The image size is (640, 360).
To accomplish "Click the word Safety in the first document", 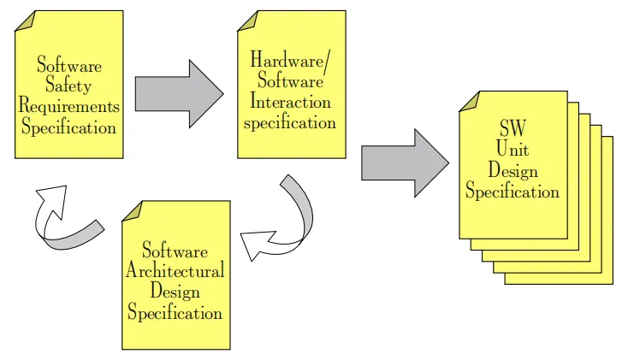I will tap(68, 86).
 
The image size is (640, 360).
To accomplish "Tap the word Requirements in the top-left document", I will tap(69, 107).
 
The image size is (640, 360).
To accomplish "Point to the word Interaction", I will tap(290, 102).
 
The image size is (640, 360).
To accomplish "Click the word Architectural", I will tap(175, 271).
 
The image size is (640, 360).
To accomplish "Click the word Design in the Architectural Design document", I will tap(175, 292).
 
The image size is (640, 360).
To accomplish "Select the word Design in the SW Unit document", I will tap(513, 169).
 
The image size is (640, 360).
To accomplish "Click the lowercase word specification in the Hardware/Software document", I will tap(290, 122).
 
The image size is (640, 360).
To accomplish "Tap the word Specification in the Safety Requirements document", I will tap(69, 128).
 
